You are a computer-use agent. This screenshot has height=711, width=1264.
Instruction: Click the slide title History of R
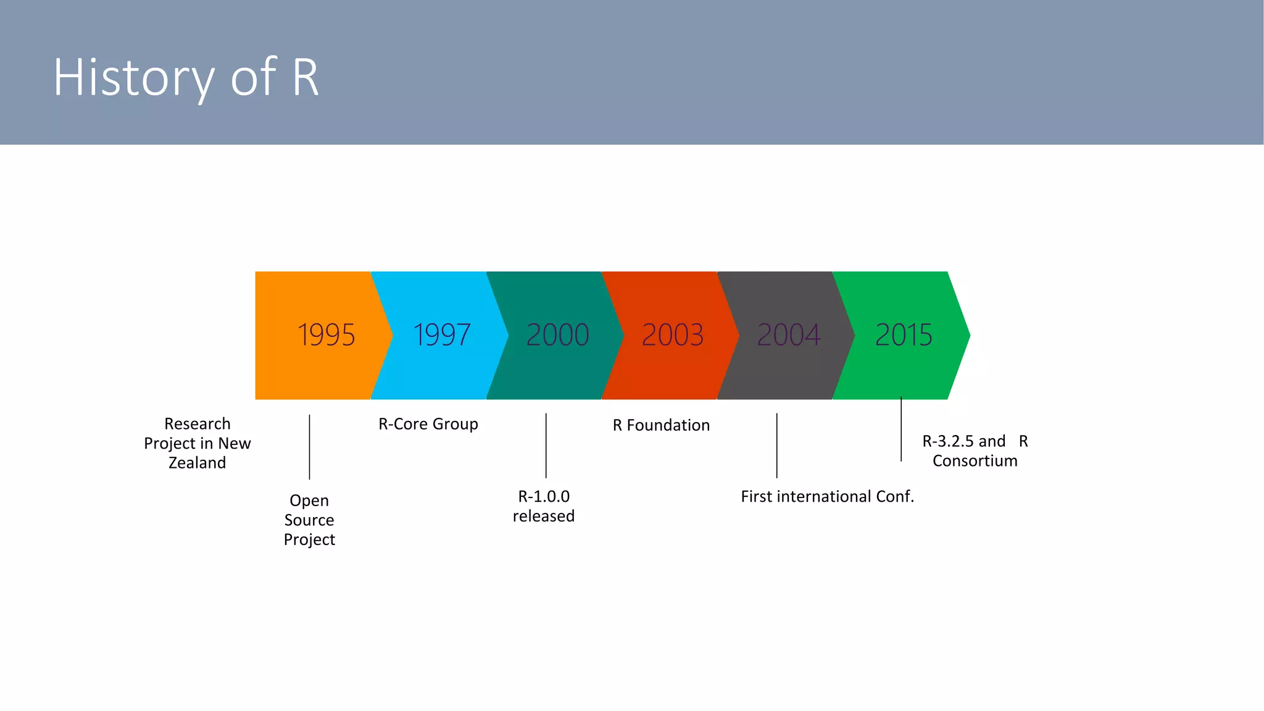(x=186, y=77)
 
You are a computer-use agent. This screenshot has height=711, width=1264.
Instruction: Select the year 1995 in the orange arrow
(x=326, y=335)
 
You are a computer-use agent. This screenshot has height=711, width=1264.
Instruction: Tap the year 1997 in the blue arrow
(x=441, y=335)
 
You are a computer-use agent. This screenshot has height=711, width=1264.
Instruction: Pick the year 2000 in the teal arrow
(x=557, y=335)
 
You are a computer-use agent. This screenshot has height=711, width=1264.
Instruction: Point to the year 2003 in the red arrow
(x=673, y=335)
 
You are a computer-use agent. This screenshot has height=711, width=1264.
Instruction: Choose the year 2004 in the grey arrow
(x=788, y=335)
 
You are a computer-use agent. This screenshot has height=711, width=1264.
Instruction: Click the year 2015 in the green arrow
(x=904, y=335)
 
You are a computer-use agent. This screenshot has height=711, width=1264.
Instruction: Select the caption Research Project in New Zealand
(x=197, y=443)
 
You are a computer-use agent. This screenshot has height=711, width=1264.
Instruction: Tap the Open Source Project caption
(x=309, y=520)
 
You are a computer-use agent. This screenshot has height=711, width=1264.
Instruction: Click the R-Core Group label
(x=428, y=424)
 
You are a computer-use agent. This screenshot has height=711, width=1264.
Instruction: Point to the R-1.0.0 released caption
(x=544, y=506)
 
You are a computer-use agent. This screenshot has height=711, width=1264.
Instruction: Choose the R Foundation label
(x=661, y=425)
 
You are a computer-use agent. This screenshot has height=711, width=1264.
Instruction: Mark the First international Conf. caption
(x=827, y=497)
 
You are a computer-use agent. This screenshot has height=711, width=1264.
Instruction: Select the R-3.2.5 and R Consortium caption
(x=975, y=451)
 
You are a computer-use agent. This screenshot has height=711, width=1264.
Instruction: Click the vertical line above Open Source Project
(x=309, y=447)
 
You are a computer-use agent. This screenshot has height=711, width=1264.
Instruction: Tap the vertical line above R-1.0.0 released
(x=546, y=445)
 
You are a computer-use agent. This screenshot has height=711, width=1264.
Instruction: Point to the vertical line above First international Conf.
(x=776, y=445)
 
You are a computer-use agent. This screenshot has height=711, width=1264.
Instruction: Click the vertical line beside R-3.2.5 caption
(x=901, y=429)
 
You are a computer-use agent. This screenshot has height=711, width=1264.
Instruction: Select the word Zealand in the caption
(x=197, y=463)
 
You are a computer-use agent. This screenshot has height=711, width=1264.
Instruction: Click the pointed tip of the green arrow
(x=968, y=335)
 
